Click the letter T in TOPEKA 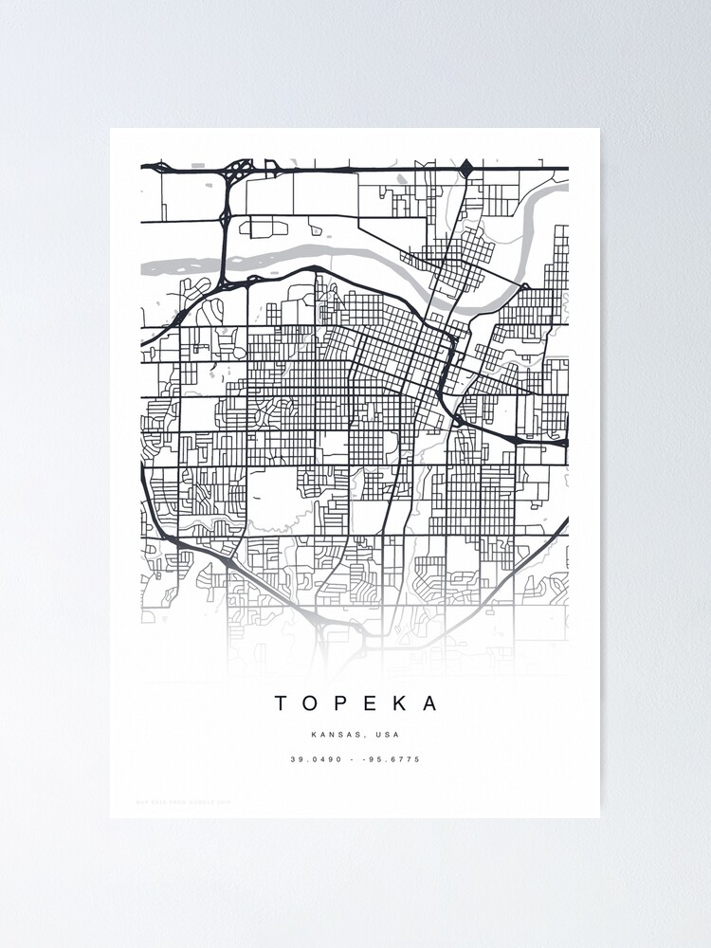point(282,703)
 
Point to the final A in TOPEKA point(431,703)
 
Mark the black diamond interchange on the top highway point(465,169)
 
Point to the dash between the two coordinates point(353,759)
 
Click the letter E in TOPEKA point(371,703)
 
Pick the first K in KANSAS point(314,735)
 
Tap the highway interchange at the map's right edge point(519,439)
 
